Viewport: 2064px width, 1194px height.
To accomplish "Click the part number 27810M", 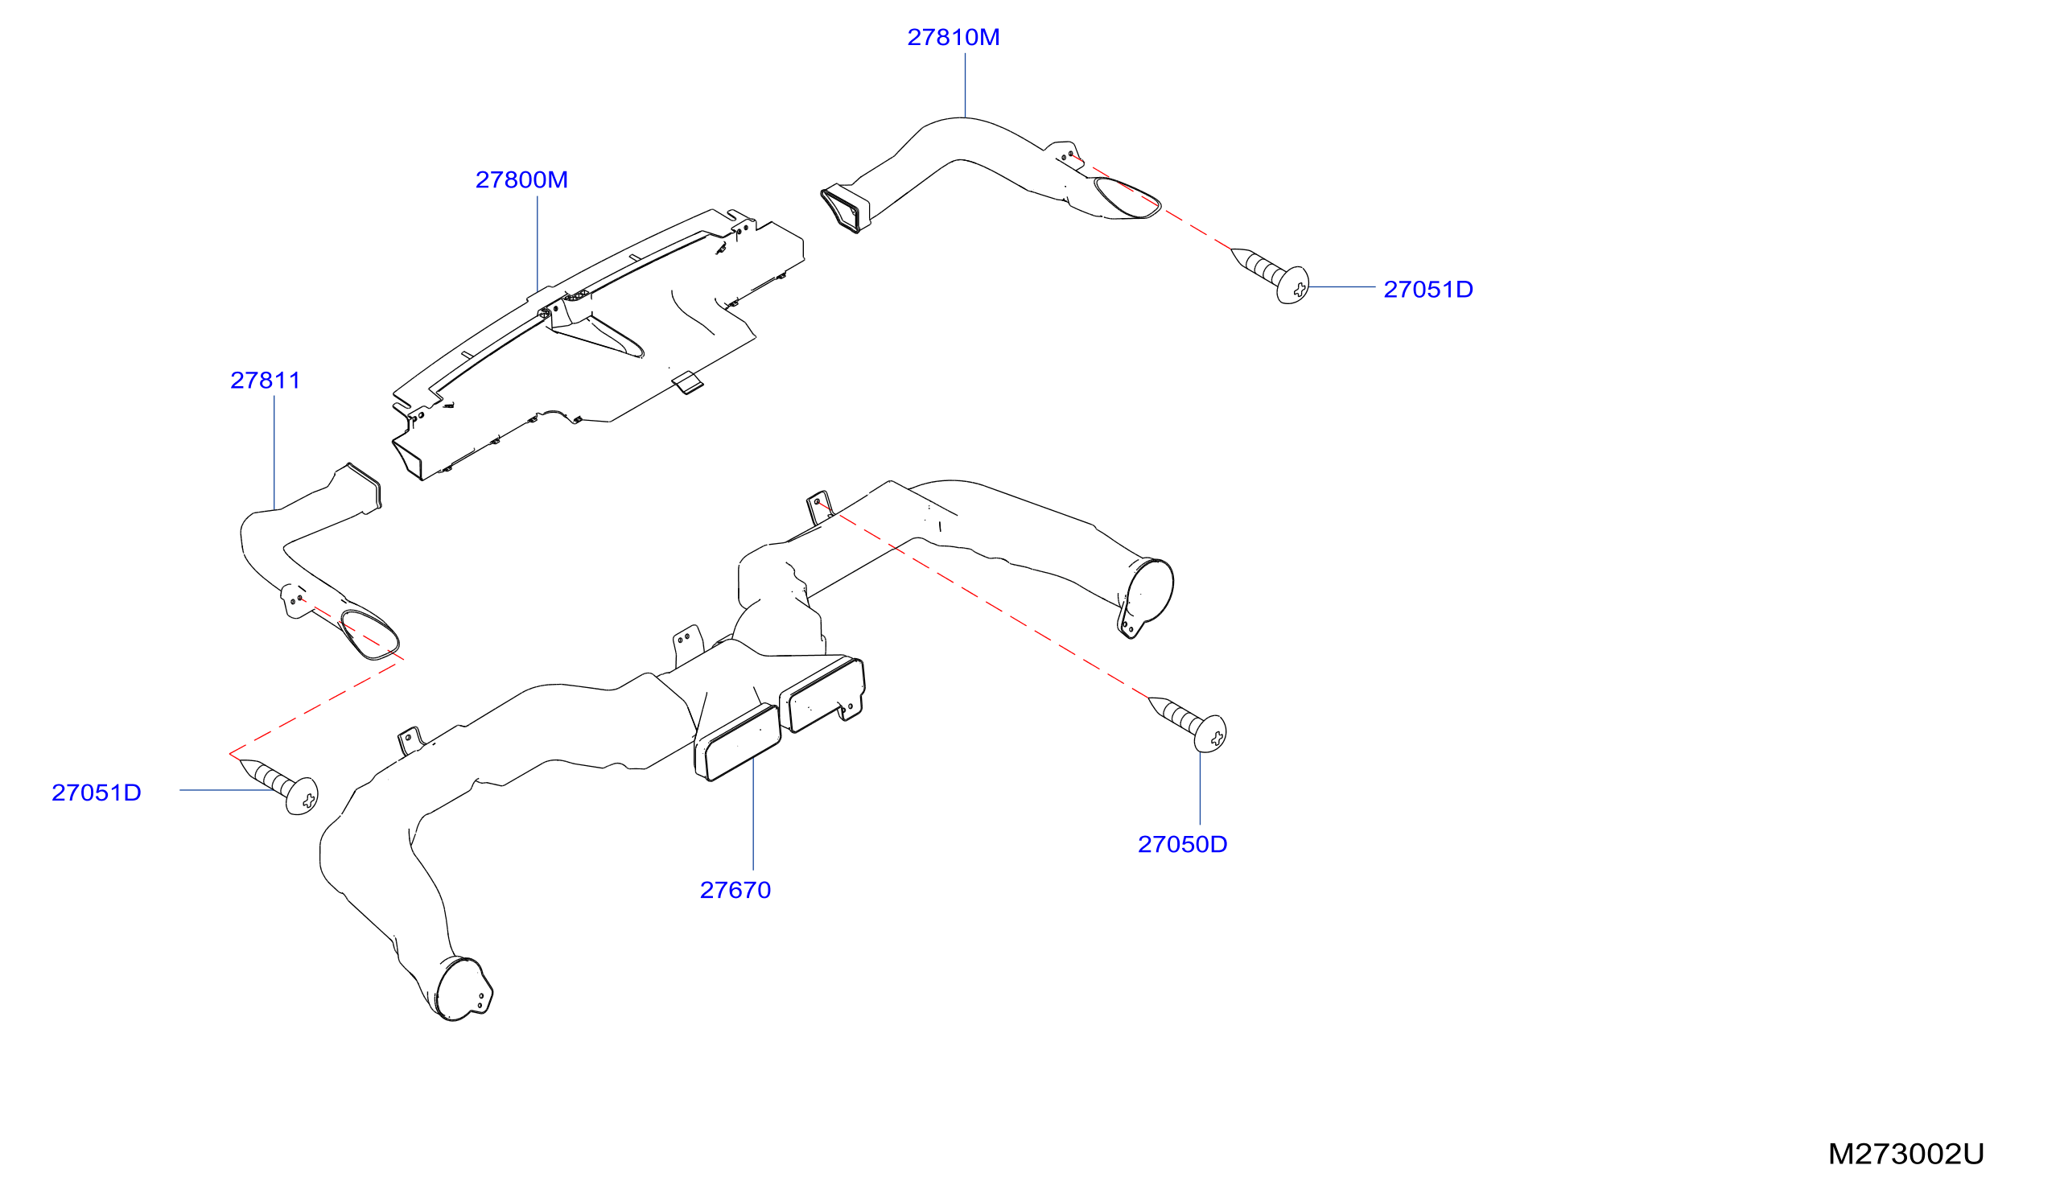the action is point(954,38).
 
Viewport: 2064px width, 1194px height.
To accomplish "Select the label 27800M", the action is point(521,180).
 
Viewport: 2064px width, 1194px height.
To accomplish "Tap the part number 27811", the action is point(266,381).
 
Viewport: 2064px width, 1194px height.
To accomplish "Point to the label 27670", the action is point(735,890).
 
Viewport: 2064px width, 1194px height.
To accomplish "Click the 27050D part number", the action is point(1183,844).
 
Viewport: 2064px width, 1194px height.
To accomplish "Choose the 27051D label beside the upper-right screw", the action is point(1428,290).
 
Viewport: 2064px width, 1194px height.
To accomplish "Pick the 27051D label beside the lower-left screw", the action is point(97,793).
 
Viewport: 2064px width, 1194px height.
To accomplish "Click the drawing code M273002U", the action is point(1906,1154).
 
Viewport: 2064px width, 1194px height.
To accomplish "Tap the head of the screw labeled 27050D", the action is point(1210,734).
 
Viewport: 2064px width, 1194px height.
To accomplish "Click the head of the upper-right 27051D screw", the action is point(1293,285).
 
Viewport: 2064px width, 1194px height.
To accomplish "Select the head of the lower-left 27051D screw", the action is point(303,796).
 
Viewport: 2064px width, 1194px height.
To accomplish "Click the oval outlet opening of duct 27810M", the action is point(1127,198).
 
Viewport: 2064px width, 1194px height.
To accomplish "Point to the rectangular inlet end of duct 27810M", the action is point(845,208).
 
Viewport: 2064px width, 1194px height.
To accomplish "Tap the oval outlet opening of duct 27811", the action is point(369,635).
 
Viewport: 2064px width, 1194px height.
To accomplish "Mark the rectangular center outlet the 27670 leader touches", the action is point(738,742).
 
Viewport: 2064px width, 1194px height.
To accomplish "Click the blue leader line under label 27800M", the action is point(538,244).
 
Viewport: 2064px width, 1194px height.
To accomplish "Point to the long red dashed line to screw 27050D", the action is point(983,599).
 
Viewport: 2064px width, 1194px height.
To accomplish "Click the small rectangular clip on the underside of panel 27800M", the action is point(687,382).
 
